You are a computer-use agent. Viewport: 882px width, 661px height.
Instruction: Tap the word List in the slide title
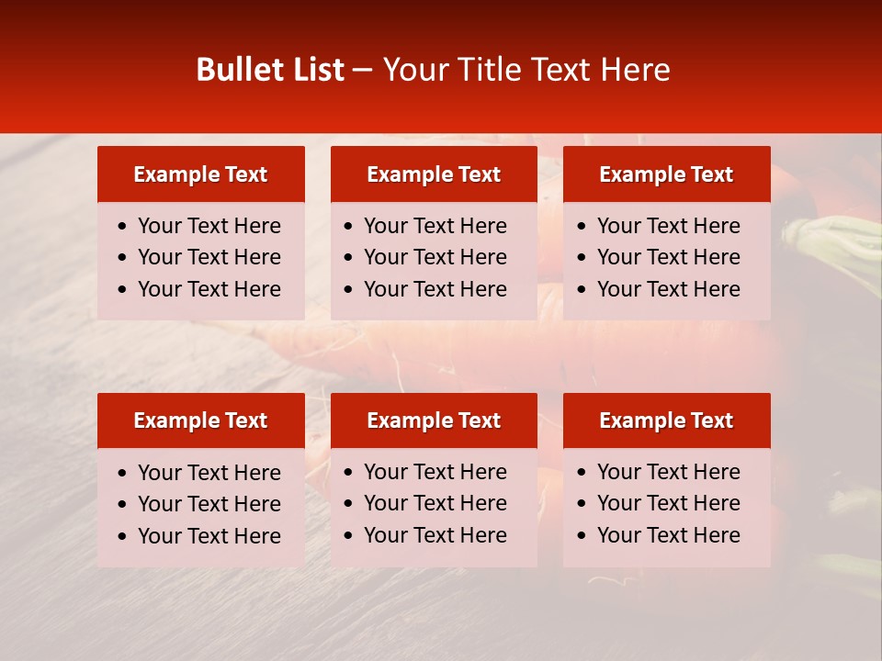coord(317,70)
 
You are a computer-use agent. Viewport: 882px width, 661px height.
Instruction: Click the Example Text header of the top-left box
coord(200,174)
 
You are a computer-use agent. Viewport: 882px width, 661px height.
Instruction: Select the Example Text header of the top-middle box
coord(434,174)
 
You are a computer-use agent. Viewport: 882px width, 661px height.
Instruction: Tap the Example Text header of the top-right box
coord(666,174)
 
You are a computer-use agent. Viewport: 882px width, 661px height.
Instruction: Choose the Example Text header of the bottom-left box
coord(200,420)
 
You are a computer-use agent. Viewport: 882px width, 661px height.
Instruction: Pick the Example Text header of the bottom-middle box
coord(434,420)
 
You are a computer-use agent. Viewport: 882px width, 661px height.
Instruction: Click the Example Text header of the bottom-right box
coord(666,420)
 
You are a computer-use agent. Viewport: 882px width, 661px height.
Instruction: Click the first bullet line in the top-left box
coord(209,226)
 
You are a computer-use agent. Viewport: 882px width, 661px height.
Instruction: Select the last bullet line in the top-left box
coord(209,289)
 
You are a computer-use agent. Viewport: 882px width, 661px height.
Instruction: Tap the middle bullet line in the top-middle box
coord(435,257)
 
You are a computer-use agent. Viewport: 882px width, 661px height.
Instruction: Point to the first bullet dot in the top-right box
coord(582,227)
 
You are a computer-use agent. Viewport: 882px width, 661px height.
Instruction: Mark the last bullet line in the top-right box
coord(669,289)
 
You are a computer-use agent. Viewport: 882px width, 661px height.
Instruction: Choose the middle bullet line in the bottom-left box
coord(209,504)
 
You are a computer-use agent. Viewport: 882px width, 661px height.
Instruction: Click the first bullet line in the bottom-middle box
coord(435,472)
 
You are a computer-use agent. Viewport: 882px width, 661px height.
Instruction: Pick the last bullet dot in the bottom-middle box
coord(348,536)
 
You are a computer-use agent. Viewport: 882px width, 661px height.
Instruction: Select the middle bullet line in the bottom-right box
coord(669,503)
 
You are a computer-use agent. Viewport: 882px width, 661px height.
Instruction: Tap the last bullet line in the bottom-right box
coord(669,535)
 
